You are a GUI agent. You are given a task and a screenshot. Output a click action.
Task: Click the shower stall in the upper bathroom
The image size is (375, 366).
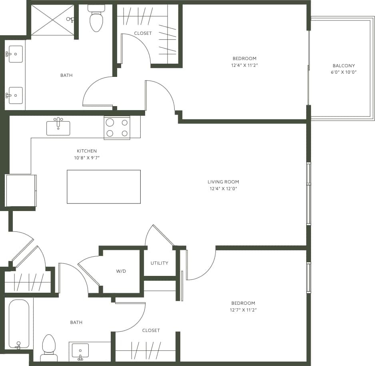coord(52,20)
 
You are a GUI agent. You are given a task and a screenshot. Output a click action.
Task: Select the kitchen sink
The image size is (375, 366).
coord(58,128)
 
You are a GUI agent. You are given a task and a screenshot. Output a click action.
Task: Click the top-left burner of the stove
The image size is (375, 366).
coord(110,123)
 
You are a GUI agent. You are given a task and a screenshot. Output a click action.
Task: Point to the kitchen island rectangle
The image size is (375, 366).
coord(104,187)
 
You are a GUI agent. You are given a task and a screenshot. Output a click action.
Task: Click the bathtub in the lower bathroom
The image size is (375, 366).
coord(19,324)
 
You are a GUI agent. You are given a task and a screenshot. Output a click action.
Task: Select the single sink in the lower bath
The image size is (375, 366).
coord(80,350)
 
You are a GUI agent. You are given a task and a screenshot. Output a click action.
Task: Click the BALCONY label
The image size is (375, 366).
coord(343,66)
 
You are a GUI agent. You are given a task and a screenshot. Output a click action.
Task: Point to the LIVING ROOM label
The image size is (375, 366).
coord(223,182)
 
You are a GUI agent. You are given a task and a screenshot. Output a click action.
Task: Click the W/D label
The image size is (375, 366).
coord(121,271)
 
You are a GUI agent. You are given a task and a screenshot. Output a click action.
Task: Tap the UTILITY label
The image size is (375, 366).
coord(159,263)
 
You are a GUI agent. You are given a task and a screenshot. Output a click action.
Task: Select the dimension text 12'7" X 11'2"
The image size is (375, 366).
coord(243,310)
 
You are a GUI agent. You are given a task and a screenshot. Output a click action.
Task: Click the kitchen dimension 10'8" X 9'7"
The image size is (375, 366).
coord(87,158)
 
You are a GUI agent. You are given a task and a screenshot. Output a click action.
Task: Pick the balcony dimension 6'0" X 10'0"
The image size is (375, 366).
coord(343,72)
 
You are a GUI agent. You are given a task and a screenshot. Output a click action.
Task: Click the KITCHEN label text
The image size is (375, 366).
coord(87,151)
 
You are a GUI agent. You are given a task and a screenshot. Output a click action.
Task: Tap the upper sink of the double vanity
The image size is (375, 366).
coord(15,54)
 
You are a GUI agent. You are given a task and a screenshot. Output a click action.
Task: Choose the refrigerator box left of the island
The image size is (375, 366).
coord(21,190)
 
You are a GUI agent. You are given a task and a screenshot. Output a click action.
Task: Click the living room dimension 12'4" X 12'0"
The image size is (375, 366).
coord(223,189)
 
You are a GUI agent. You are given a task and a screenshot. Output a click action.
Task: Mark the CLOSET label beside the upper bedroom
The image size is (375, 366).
coord(143,33)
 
